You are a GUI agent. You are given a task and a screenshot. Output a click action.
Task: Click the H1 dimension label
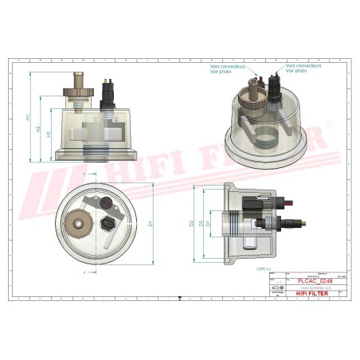pos(29,117)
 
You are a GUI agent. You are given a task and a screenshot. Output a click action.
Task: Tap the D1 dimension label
pos(151,226)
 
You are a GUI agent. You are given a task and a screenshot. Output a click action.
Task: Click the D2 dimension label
pos(191,225)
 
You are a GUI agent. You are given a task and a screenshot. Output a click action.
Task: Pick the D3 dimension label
pos(202,224)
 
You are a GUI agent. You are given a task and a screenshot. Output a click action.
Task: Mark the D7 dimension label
pos(209,224)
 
